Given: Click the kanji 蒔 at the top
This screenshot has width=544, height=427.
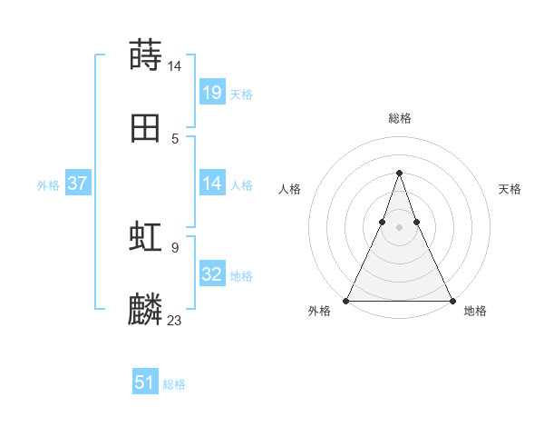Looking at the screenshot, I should (146, 55).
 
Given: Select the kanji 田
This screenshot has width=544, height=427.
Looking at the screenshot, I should (146, 128).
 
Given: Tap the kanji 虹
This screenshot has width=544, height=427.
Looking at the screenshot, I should (146, 237).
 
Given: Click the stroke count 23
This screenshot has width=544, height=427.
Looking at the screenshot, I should (175, 320).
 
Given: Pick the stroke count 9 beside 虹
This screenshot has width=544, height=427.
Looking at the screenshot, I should (174, 246).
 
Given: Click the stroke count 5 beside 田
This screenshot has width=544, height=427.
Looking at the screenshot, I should (174, 138).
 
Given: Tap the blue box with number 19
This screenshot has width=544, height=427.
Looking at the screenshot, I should (212, 92).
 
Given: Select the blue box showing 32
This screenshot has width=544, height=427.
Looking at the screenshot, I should (212, 274).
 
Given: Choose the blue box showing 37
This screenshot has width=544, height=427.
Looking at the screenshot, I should (78, 184).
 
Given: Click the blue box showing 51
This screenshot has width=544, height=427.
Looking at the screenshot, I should (145, 382).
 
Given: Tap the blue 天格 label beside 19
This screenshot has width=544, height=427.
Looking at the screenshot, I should (241, 94).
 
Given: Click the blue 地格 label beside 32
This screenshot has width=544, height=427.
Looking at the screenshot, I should (241, 276).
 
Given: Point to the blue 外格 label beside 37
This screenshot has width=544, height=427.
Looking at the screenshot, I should (48, 185).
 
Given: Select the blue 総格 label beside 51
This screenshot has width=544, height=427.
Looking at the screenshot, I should (174, 384).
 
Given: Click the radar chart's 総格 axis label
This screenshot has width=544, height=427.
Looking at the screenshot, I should (399, 118).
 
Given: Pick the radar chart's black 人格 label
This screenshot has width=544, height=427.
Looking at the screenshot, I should (289, 189).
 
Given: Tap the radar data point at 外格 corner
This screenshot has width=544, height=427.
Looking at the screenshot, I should (346, 300).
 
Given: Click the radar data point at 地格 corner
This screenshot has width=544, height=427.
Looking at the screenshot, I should (452, 300).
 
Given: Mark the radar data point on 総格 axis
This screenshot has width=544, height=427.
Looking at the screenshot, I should (399, 173).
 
